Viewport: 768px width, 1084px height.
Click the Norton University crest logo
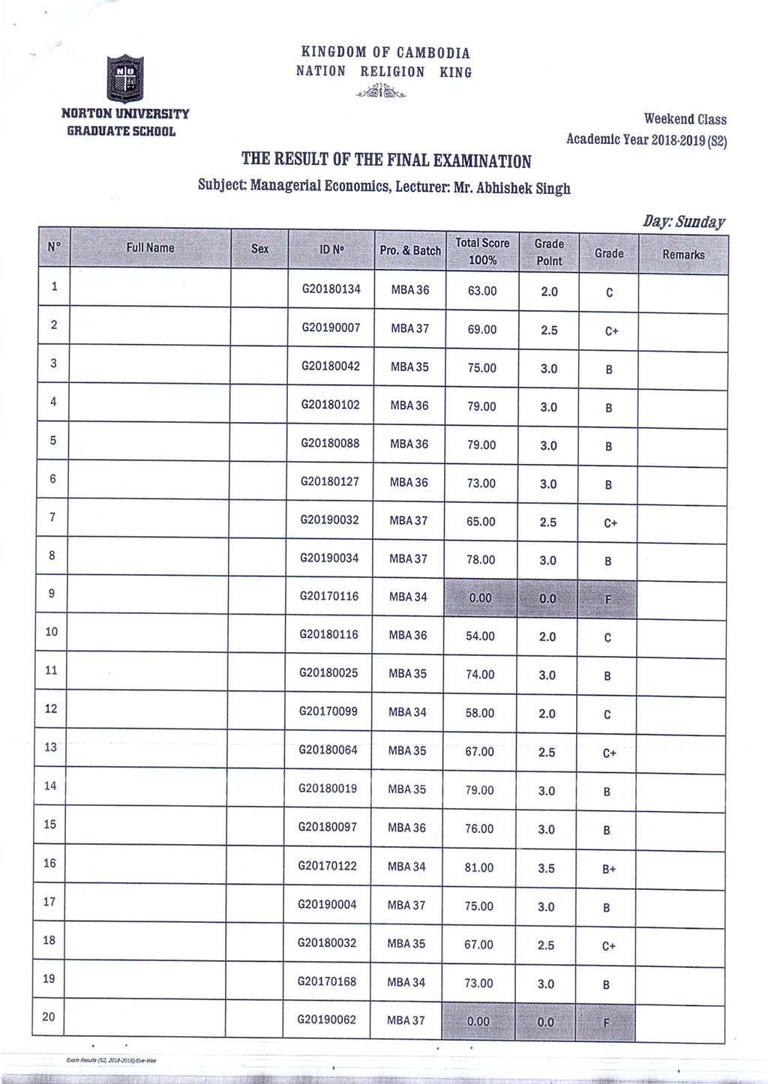pos(124,78)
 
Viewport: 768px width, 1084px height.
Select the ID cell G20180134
pos(331,289)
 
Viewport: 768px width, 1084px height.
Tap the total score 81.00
pos(479,867)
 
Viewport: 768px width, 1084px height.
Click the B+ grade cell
pos(609,869)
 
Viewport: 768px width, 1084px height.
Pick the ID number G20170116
pos(329,597)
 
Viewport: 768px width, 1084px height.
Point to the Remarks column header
pos(683,255)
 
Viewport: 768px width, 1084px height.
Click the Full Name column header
pos(150,248)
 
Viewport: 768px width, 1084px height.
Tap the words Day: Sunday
pos(683,222)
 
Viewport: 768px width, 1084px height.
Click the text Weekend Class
pos(685,119)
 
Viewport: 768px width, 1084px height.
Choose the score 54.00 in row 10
pos(480,636)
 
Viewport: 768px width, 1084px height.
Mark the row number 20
pos(49,1017)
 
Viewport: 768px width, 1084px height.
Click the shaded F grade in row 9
pos(607,599)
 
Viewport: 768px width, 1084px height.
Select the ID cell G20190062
pos(327,1020)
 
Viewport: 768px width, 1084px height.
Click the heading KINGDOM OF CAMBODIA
pos(385,52)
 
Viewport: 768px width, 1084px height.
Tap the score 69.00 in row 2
pos(481,329)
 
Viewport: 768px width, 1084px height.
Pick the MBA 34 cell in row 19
pos(406,982)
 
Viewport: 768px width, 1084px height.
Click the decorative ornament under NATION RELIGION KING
pos(382,92)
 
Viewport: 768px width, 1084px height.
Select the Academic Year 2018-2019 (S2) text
pos(646,139)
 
